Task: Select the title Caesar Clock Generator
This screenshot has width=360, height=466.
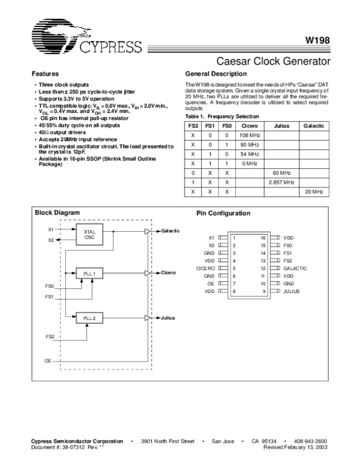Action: (x=274, y=61)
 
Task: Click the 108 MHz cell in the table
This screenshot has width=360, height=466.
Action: (x=249, y=135)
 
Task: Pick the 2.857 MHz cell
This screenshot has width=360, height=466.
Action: (x=281, y=181)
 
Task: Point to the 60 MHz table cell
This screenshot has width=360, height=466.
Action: (x=281, y=172)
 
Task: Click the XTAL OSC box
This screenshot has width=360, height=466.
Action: (x=89, y=235)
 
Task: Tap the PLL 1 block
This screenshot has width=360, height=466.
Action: (x=89, y=273)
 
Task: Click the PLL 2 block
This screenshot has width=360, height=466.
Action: (x=89, y=318)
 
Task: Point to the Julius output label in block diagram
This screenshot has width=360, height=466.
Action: (x=168, y=318)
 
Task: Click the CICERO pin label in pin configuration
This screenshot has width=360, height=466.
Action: (x=205, y=268)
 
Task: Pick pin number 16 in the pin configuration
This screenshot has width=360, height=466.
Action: (x=263, y=238)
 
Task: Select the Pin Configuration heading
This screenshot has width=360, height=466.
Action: (x=223, y=213)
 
